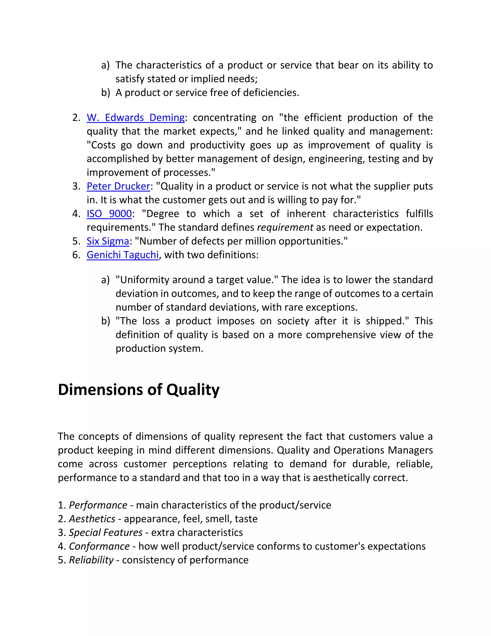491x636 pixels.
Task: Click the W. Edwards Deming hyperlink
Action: tap(135, 118)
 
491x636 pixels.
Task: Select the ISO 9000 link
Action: tap(109, 214)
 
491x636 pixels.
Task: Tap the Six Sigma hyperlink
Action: tap(108, 241)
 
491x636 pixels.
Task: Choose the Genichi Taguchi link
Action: tap(123, 255)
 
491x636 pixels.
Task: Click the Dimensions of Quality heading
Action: tap(139, 390)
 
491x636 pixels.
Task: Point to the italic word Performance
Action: tap(98, 505)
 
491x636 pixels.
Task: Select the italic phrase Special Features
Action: tap(105, 532)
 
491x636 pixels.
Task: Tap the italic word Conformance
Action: tap(99, 546)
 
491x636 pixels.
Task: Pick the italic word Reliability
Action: tap(91, 560)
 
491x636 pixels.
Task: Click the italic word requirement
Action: tap(285, 228)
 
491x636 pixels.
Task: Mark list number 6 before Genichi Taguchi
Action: tap(76, 255)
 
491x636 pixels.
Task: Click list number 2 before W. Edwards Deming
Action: tap(76, 118)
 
